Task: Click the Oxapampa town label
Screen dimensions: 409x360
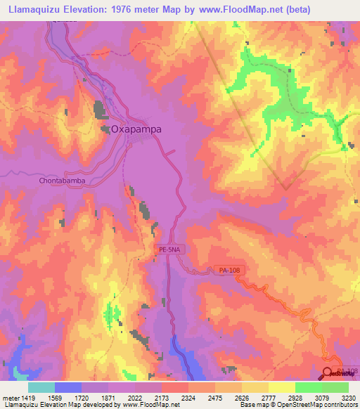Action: (136, 129)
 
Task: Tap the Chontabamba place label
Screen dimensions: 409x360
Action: (62, 180)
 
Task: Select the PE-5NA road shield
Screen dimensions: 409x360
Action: (168, 249)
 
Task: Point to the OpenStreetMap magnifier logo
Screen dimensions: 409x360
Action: (329, 374)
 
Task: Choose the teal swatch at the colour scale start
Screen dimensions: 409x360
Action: (41, 387)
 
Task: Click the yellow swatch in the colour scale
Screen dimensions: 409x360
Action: (281, 387)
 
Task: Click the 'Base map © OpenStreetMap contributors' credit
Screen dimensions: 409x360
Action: (297, 405)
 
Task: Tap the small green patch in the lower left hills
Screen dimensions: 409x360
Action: (110, 313)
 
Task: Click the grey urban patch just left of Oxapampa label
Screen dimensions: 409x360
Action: (100, 111)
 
